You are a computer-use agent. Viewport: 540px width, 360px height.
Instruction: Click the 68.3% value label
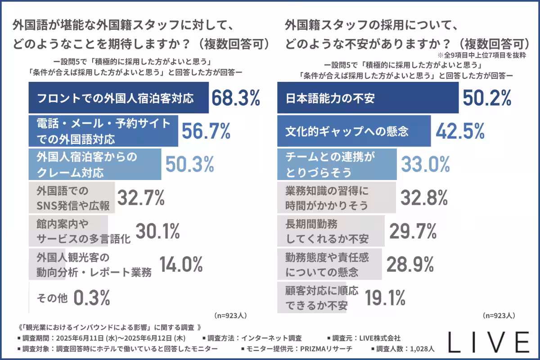[235, 98]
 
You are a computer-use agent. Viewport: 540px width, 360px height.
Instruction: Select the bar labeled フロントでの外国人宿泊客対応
[118, 98]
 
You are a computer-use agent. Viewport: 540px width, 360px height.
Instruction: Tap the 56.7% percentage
[206, 131]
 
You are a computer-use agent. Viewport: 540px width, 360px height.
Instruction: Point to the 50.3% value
[189, 165]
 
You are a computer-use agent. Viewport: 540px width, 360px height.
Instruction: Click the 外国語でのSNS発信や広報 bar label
[72, 198]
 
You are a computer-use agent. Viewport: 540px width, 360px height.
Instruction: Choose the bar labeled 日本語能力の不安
[367, 98]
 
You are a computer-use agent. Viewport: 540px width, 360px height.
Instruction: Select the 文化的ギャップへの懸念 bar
[354, 131]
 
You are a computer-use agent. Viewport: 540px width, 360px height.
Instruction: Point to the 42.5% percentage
[460, 131]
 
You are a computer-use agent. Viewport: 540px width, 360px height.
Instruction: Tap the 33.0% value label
[425, 165]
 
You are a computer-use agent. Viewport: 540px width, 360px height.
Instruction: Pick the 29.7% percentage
[413, 231]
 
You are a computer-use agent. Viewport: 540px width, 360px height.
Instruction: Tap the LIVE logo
[489, 342]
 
